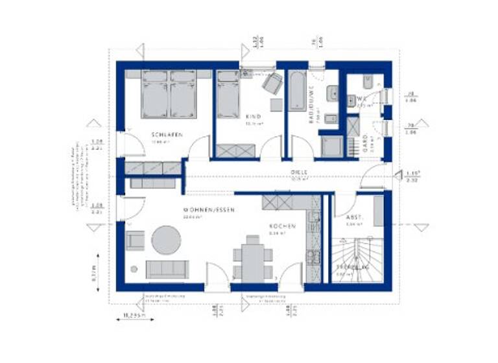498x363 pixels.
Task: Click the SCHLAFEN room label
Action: (x=166, y=135)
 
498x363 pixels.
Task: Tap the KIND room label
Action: (x=252, y=117)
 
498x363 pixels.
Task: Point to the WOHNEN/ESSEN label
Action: (x=209, y=210)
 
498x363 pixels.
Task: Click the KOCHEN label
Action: (x=283, y=226)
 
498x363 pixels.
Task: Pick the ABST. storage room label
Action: (x=354, y=218)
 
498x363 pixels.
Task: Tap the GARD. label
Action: (x=365, y=141)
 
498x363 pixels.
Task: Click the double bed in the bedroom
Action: (x=169, y=95)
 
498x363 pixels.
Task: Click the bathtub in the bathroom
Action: (x=297, y=91)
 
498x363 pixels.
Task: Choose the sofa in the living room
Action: (x=167, y=268)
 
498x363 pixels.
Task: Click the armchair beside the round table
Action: (x=136, y=240)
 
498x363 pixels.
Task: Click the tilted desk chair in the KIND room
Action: (x=272, y=83)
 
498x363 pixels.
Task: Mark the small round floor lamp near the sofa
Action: (x=134, y=269)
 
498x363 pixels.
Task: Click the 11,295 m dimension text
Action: (x=134, y=316)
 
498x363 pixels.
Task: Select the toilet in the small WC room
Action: (x=367, y=82)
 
